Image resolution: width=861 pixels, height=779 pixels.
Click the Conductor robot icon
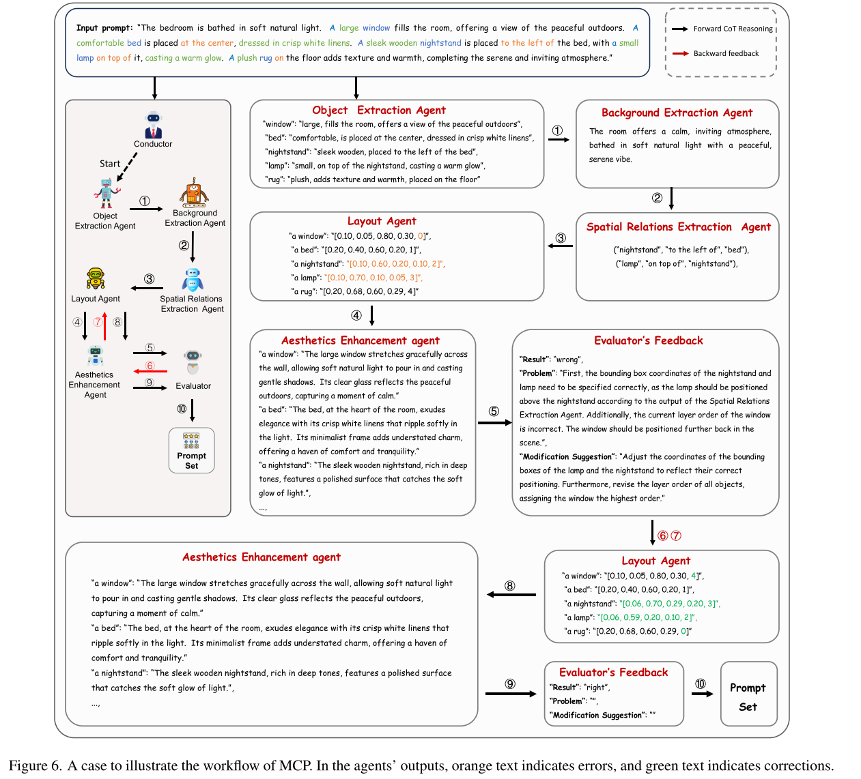(153, 125)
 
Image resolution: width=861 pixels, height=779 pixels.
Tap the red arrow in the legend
(680, 53)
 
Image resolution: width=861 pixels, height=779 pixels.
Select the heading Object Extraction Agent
(378, 111)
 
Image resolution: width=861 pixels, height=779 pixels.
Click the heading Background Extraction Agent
(677, 113)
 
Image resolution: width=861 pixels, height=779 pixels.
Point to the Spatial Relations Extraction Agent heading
(678, 227)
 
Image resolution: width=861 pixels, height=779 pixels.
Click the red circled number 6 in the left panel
(150, 366)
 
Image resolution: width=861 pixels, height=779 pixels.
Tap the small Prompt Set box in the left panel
(191, 451)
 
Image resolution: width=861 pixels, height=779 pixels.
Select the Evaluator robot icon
(193, 362)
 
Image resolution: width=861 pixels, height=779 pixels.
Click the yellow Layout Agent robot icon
(96, 279)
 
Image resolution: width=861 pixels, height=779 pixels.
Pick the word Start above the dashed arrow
(109, 164)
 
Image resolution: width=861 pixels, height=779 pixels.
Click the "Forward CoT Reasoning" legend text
(733, 29)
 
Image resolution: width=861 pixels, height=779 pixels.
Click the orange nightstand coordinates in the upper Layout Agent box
(395, 264)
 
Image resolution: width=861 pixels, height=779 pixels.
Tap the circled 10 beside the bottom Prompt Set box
(701, 684)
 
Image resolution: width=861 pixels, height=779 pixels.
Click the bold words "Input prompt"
(104, 28)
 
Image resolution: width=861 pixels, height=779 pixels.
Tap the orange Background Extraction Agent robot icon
(195, 193)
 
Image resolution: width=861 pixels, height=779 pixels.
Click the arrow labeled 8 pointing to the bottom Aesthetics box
(511, 595)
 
